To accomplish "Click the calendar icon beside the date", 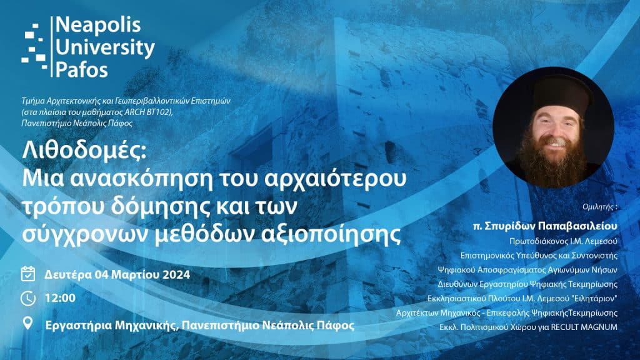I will pos(28,274).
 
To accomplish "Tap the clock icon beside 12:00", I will pos(28,299).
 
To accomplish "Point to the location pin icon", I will pos(28,324).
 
